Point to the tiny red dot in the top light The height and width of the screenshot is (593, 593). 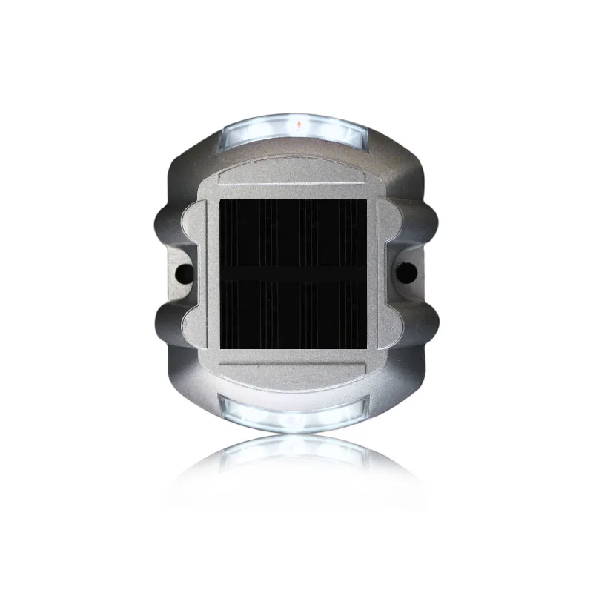coord(297,123)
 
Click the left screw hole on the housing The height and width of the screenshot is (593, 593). coord(182,272)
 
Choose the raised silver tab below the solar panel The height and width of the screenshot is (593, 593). coord(296,369)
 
